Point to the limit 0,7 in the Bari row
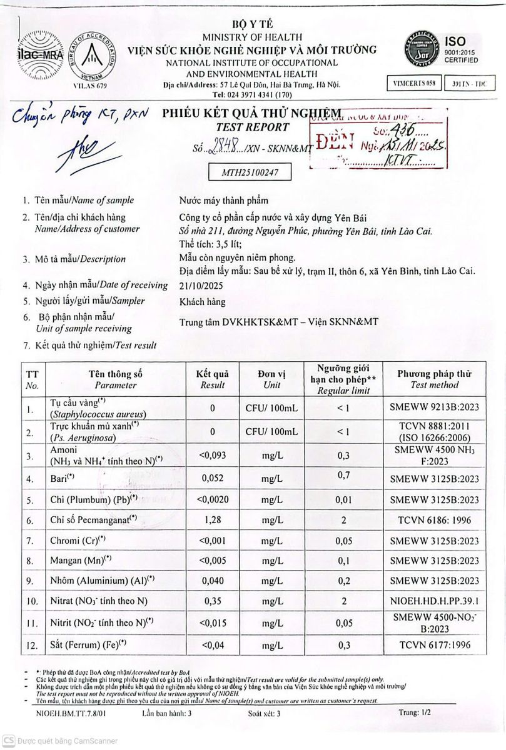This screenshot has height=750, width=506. (343, 476)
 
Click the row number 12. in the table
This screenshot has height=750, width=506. (30, 644)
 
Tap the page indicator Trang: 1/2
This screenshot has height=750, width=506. (414, 712)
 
